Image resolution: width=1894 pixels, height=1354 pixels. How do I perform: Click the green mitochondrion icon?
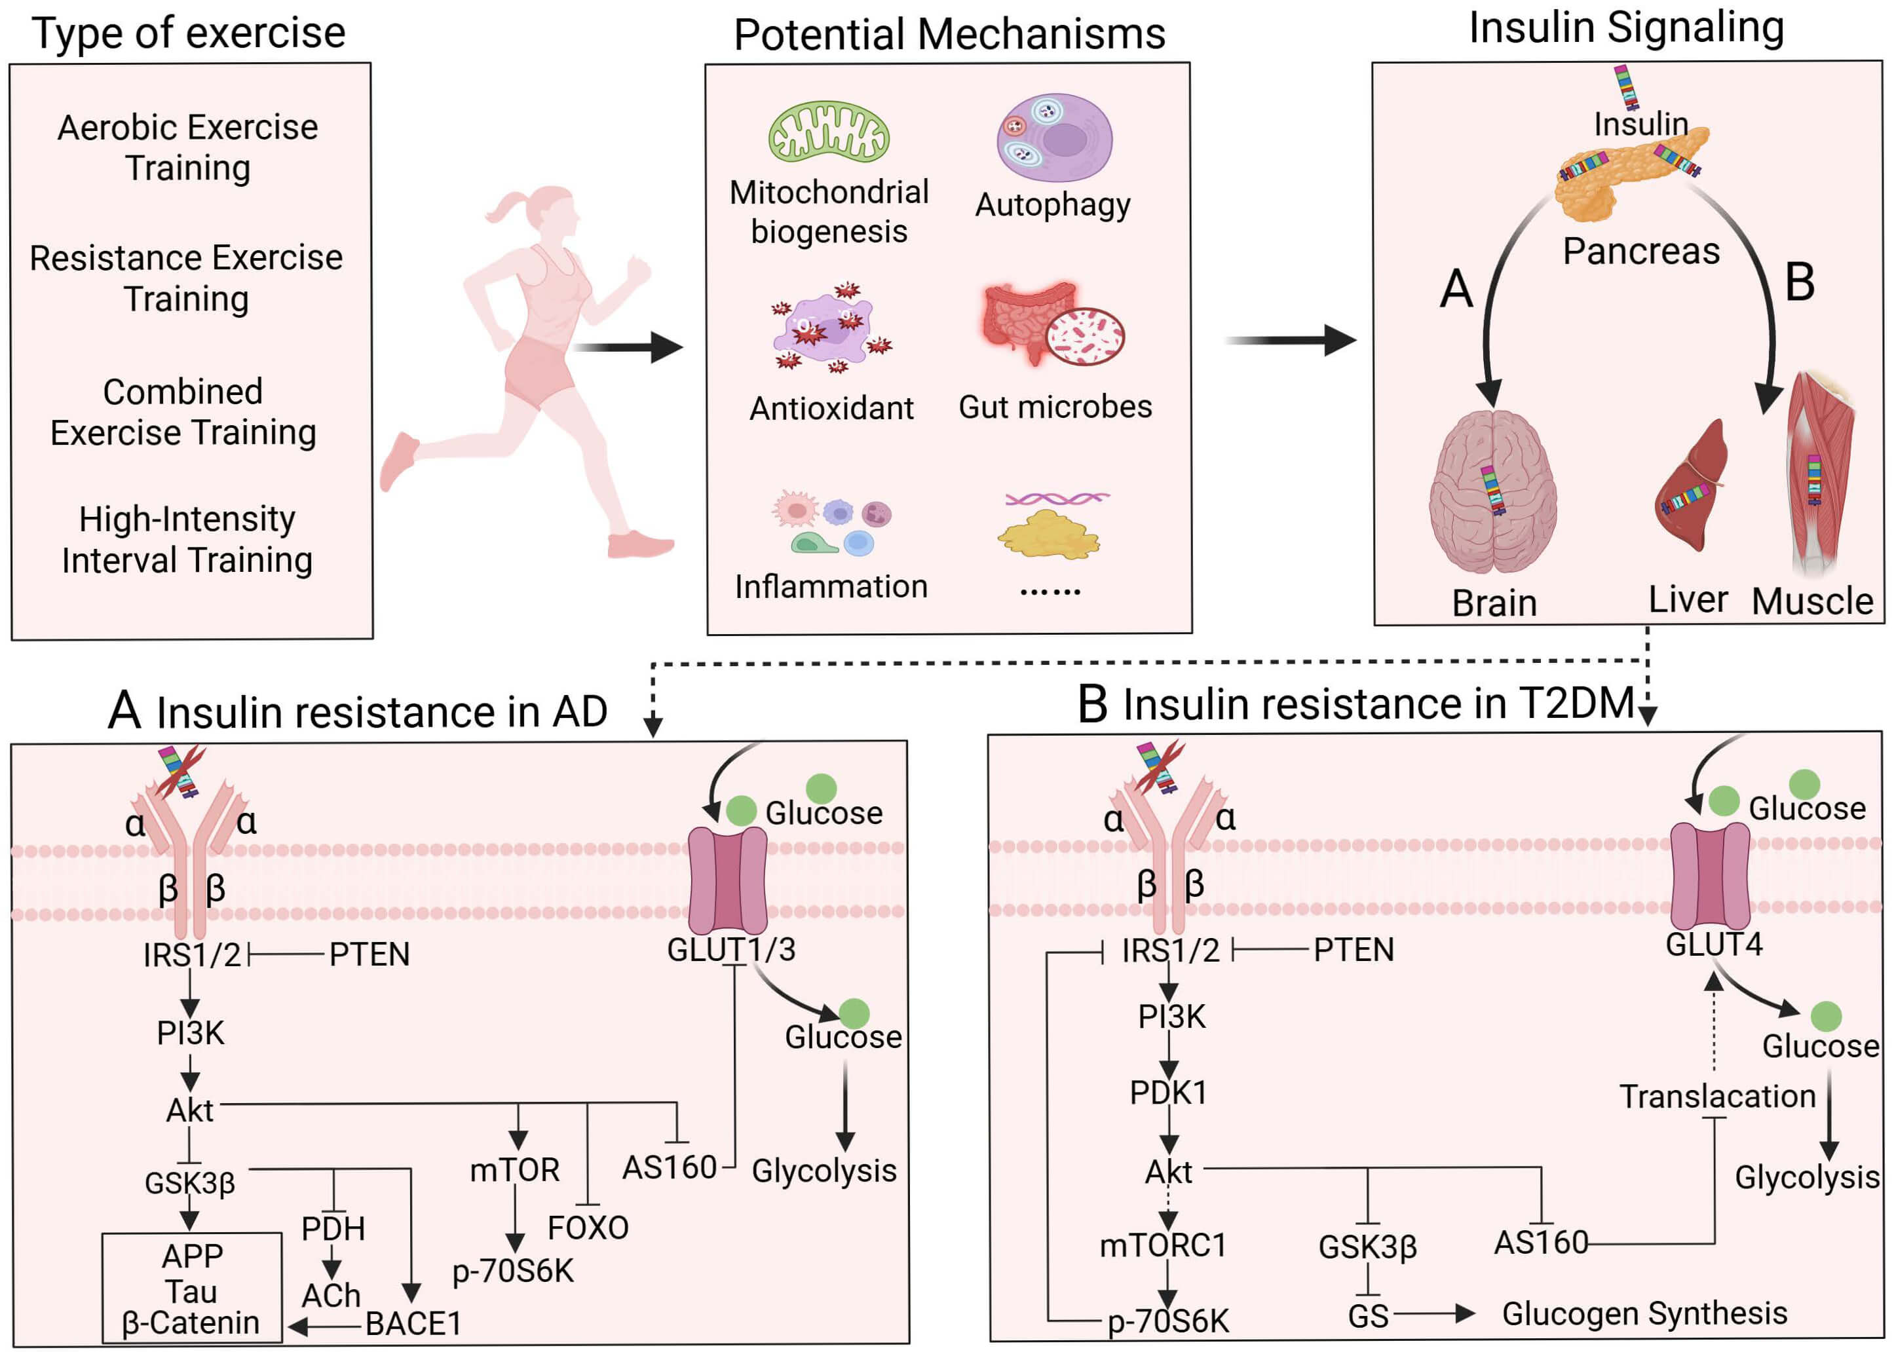click(828, 132)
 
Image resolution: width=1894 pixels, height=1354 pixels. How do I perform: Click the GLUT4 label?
click(1714, 945)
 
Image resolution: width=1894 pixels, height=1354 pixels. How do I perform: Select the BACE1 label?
click(413, 1323)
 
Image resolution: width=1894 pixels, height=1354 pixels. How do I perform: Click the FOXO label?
click(588, 1228)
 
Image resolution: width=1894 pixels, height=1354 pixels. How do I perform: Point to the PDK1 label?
click(1168, 1092)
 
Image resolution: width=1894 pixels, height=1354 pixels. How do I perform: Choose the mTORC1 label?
click(1163, 1245)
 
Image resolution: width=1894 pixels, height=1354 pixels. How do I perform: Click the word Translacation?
click(1717, 1097)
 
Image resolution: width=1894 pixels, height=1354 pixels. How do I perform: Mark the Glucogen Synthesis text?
click(1644, 1313)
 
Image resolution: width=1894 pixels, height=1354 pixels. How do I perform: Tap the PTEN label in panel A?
click(369, 954)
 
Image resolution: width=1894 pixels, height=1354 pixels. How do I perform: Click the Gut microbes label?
click(1055, 407)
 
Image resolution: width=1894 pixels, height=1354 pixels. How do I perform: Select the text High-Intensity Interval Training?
click(187, 539)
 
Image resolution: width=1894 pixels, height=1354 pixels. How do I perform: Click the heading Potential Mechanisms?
click(949, 35)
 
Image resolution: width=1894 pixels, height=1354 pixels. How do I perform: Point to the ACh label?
click(331, 1296)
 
